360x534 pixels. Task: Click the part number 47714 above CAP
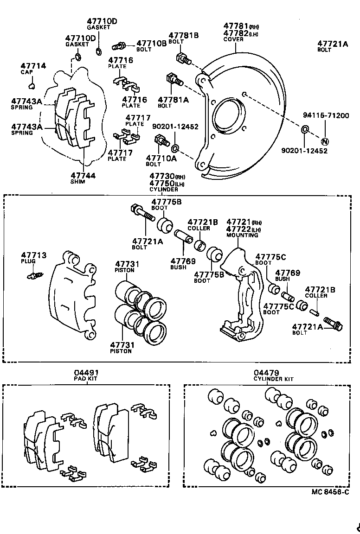pos(34,66)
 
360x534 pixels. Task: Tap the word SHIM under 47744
pos(77,182)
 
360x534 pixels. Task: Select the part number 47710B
pos(151,43)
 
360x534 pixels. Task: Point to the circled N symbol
pos(325,141)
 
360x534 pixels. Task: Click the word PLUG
pos(28,261)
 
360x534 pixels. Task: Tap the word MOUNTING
pos(242,235)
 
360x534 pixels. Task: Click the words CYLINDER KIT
pos(273,379)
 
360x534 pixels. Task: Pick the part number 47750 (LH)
pos(161,183)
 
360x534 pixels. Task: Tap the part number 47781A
pos(173,99)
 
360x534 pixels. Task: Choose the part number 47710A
pos(161,158)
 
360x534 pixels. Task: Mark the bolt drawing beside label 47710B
pos(119,46)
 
